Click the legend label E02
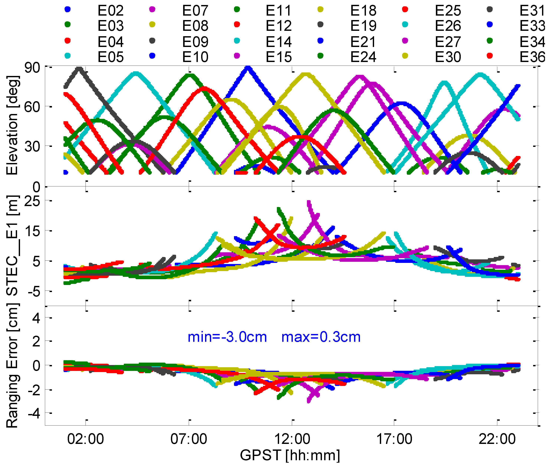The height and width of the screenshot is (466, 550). [110, 11]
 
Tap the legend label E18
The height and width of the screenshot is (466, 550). [363, 11]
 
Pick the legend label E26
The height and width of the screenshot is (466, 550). [448, 26]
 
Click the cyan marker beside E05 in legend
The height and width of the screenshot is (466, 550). [68, 56]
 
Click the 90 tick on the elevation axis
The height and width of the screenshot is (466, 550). [32, 68]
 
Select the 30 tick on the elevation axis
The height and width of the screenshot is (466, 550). [32, 146]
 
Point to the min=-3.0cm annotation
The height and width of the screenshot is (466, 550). [227, 337]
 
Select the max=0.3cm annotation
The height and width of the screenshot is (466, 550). [321, 337]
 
